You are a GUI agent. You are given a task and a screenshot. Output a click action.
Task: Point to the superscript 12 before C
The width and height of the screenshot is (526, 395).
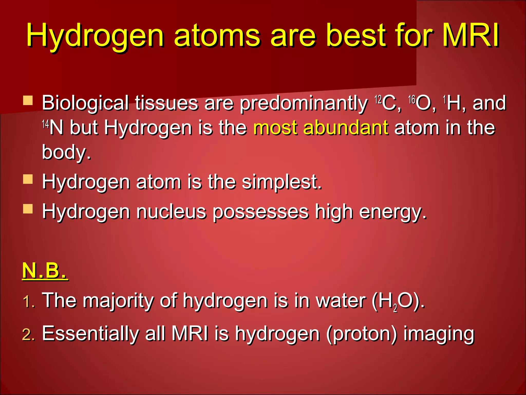click(378, 99)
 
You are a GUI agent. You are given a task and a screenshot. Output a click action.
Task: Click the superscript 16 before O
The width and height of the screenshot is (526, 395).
click(412, 99)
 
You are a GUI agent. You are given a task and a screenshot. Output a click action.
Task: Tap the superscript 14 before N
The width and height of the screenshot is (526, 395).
click(45, 124)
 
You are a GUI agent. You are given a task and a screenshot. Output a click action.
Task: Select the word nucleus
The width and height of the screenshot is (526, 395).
click(171, 212)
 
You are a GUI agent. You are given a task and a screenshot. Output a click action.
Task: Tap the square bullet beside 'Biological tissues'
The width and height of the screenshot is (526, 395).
click(28, 101)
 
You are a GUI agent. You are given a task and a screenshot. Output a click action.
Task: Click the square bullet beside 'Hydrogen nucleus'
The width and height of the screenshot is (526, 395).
click(28, 209)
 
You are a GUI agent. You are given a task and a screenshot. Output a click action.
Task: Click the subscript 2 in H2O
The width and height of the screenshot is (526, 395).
click(395, 308)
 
